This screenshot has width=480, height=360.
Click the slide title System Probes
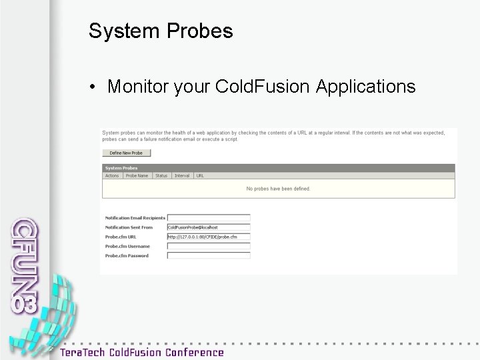(x=161, y=31)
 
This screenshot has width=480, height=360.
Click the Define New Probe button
(x=127, y=153)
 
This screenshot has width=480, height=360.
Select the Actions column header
(x=112, y=176)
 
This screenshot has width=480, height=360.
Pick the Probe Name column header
(x=137, y=176)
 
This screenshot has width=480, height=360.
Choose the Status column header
(x=161, y=176)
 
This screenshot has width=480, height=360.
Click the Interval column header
(x=182, y=176)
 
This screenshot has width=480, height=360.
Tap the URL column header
(x=200, y=176)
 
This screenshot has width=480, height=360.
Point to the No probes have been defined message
(x=278, y=189)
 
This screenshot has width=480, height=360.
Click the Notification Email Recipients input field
(x=209, y=218)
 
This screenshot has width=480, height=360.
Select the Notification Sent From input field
(x=209, y=227)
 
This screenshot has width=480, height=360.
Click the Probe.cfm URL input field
(x=209, y=237)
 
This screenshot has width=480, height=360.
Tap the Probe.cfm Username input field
(x=209, y=246)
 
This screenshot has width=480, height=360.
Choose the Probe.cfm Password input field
(x=209, y=255)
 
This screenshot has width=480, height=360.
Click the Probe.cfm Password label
(x=127, y=255)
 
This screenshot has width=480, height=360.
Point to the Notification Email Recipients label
(x=135, y=218)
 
